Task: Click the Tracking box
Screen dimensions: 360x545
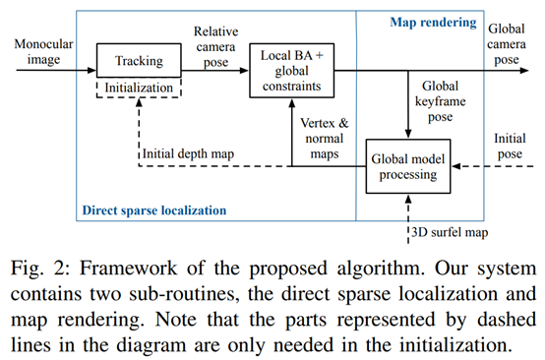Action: [x=140, y=60]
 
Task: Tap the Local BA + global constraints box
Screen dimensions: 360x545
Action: [x=290, y=70]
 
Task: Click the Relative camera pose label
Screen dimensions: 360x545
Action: [x=215, y=46]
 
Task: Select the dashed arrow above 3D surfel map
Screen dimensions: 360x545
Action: [x=407, y=211]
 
